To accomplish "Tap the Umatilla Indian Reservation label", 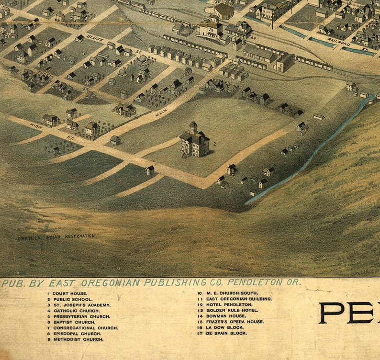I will (x=56, y=236).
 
